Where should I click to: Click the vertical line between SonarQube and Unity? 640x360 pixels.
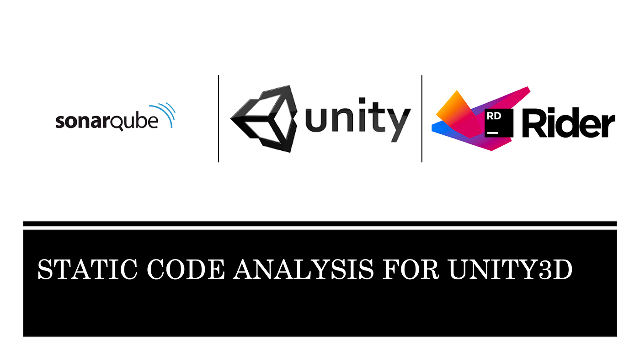[x=219, y=119]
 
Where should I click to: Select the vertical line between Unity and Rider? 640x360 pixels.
[x=421, y=119]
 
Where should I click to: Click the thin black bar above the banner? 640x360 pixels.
[x=320, y=224]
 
